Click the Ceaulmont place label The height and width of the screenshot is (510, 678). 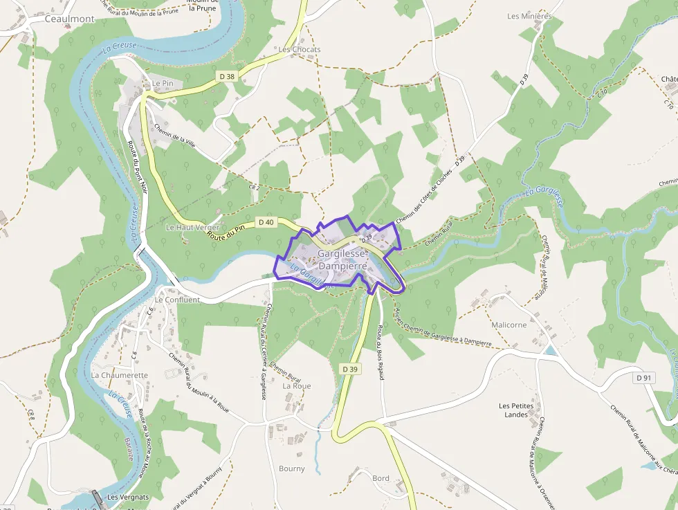click(x=69, y=19)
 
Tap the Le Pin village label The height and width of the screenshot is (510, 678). click(x=162, y=83)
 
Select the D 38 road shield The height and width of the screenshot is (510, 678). click(x=226, y=77)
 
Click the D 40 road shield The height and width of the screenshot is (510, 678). click(x=266, y=222)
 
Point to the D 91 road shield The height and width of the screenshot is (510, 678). click(x=645, y=378)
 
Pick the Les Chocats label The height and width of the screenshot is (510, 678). click(x=300, y=50)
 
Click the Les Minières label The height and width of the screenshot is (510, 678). click(x=529, y=16)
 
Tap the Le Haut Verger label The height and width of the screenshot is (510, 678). click(x=192, y=227)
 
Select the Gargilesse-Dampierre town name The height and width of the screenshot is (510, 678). click(x=342, y=259)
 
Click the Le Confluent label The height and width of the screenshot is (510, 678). click(x=177, y=300)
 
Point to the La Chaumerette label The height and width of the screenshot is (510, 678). click(x=120, y=375)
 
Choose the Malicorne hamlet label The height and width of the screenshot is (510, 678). click(x=508, y=325)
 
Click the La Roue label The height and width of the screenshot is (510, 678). click(x=297, y=386)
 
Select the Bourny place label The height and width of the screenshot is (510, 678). click(x=292, y=468)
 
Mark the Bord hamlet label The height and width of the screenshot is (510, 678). click(x=381, y=478)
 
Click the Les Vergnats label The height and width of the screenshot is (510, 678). click(x=128, y=498)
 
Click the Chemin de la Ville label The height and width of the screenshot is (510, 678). click(x=176, y=132)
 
